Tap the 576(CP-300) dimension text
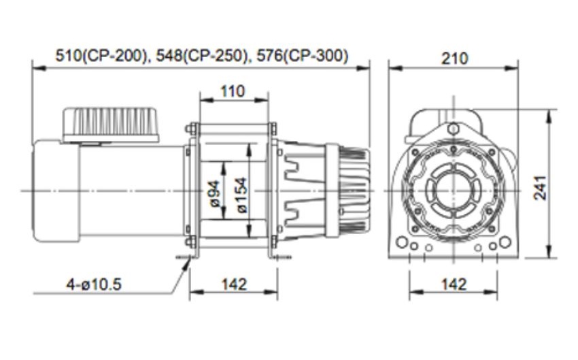click(x=300, y=56)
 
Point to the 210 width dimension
click(x=454, y=59)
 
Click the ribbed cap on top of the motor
click(x=112, y=122)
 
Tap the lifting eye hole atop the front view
click(x=452, y=129)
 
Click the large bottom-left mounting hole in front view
click(x=403, y=242)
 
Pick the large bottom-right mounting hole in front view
click(x=504, y=242)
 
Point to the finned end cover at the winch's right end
click(x=353, y=191)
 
